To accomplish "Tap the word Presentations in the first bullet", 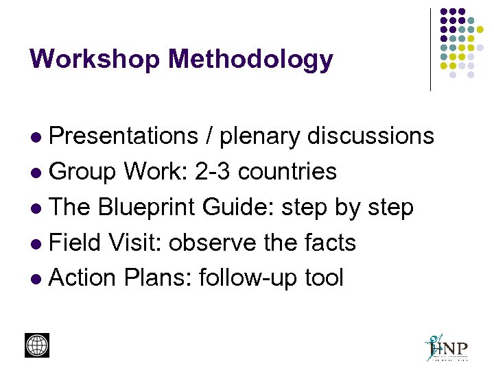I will coord(123,136).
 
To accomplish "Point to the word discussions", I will coord(370,136).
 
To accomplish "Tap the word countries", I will coord(288,171).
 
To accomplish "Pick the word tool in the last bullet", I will coord(323,278).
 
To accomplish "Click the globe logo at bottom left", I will coord(37,345).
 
